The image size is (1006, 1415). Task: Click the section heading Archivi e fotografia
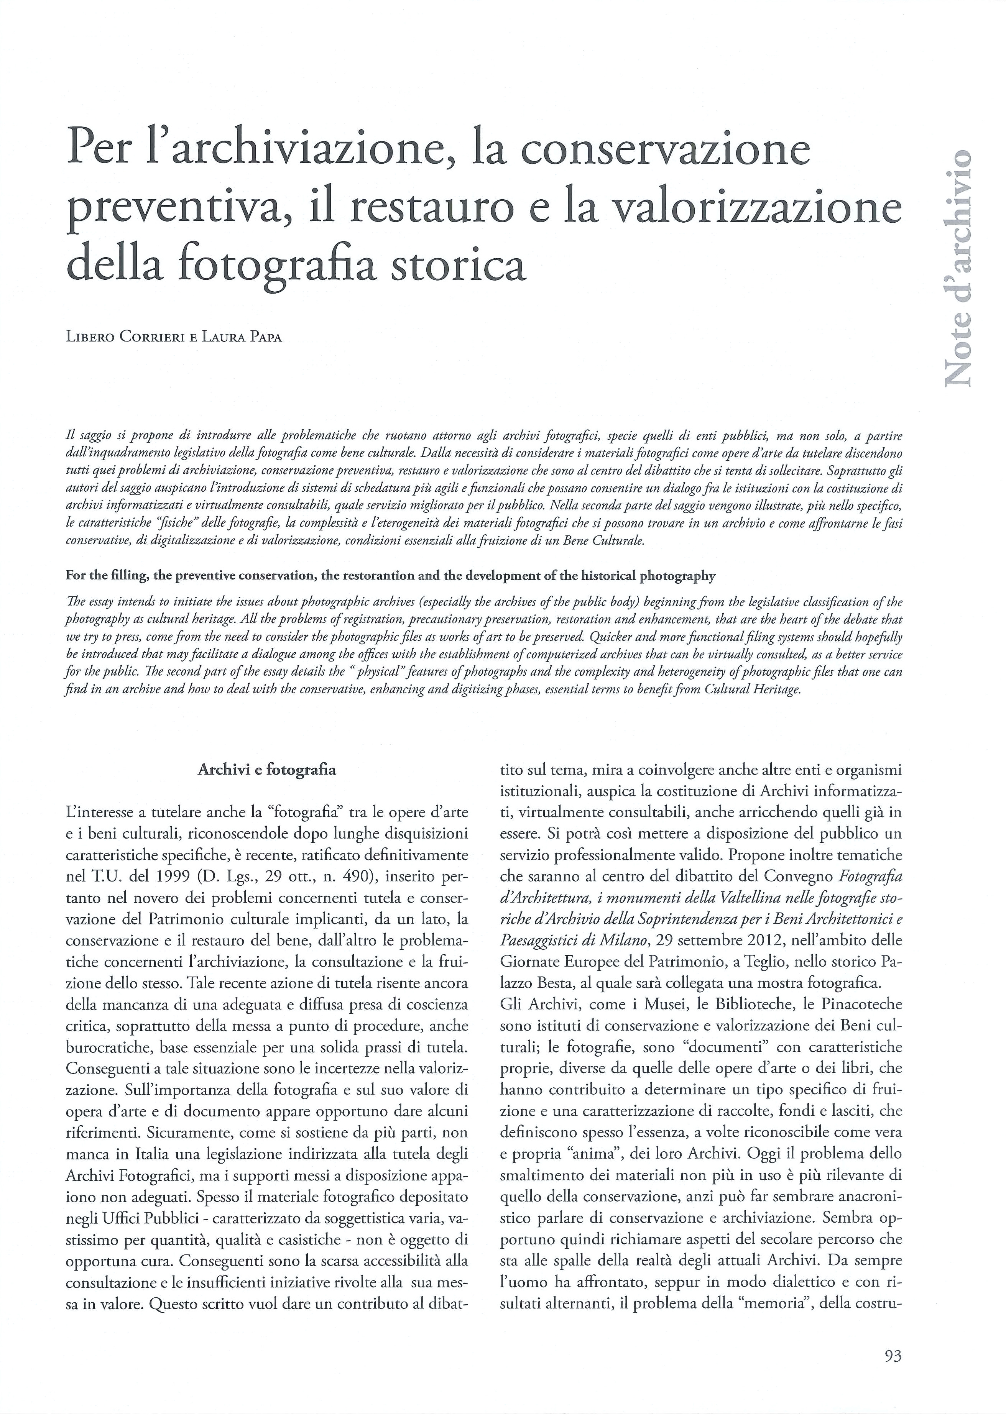(266, 770)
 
